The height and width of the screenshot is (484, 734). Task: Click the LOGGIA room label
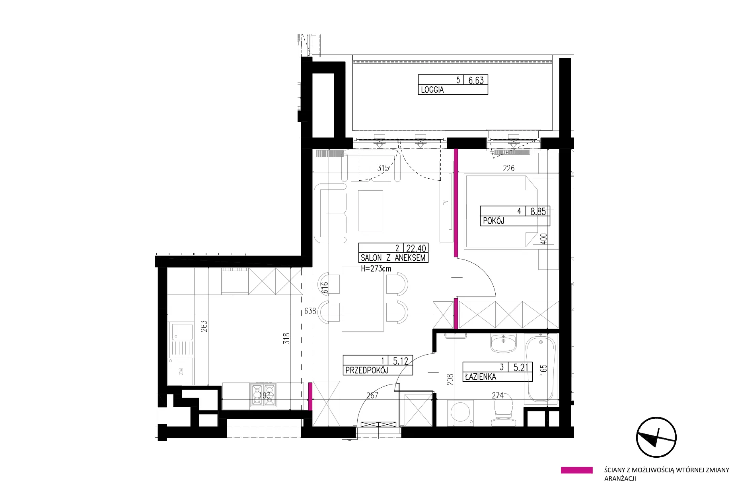coord(432,90)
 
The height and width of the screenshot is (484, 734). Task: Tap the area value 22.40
coord(416,248)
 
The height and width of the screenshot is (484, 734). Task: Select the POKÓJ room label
coord(493,221)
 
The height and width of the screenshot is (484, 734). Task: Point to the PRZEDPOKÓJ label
coord(366,370)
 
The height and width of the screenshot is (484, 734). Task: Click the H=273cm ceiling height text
coord(376,269)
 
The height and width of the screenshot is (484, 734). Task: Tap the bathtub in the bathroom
coord(541,370)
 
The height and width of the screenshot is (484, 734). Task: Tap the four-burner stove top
coord(263,396)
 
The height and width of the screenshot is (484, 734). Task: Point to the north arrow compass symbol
coord(656,437)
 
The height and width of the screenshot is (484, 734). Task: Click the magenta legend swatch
coord(576,470)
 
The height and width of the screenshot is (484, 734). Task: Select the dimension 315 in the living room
coord(383,168)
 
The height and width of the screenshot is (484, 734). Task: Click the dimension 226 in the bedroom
coord(508,168)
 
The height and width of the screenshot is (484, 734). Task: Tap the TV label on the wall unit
coord(446,203)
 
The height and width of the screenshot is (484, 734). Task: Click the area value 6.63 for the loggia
coord(476,80)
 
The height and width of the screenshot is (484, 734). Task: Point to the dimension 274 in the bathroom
coord(497,396)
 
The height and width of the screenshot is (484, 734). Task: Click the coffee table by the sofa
coord(370,211)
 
